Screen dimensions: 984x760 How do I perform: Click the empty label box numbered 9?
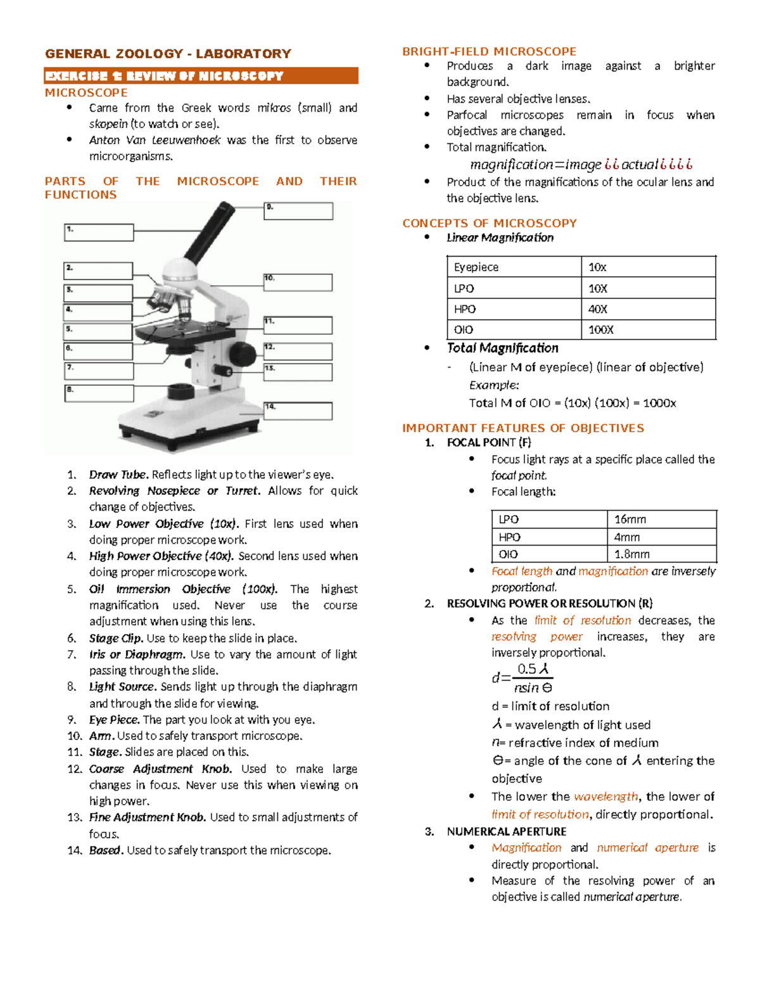pyautogui.click(x=298, y=211)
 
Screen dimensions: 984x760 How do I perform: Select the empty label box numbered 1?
pyautogui.click(x=99, y=233)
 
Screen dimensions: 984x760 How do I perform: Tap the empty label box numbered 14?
pyautogui.click(x=298, y=411)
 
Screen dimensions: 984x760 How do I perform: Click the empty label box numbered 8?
pyautogui.click(x=99, y=393)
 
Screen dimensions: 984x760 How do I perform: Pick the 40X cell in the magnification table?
pyautogui.click(x=648, y=309)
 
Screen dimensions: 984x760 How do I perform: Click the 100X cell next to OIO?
pyautogui.click(x=648, y=329)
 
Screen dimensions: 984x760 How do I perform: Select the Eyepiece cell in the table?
pyautogui.click(x=514, y=267)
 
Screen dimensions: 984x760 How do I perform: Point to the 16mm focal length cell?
pyautogui.click(x=661, y=520)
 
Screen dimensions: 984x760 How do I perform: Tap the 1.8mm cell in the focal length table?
pyautogui.click(x=661, y=554)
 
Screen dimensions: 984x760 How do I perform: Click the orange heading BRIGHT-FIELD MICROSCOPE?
pyautogui.click(x=489, y=51)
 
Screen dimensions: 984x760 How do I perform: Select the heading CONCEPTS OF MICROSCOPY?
pyautogui.click(x=490, y=223)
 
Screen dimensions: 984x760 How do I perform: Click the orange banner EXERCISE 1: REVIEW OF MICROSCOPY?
pyautogui.click(x=201, y=76)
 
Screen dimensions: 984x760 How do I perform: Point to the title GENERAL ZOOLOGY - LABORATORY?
pyautogui.click(x=168, y=54)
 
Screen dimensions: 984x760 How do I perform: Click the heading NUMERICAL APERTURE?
pyautogui.click(x=506, y=831)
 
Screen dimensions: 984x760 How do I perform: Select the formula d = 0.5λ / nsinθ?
pyautogui.click(x=522, y=678)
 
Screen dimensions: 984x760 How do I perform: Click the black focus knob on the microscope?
pyautogui.click(x=241, y=352)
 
